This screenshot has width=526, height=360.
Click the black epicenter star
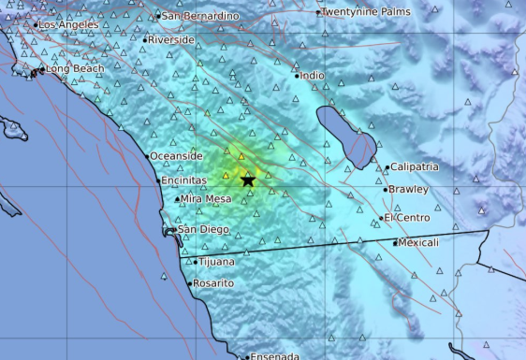coord(247,180)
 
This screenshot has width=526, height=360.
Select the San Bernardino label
coord(199,16)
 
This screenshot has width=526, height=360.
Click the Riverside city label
coord(172,40)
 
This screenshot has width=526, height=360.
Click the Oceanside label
coord(176,155)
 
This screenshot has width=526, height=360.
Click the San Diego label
coord(204,229)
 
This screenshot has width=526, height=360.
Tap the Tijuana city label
coord(215,262)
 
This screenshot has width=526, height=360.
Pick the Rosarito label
coord(214,283)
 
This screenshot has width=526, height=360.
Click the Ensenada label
coord(276,356)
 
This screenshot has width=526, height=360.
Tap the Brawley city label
coord(409,189)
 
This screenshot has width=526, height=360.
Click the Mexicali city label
coord(417,242)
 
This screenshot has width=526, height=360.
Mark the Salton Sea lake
coord(345,136)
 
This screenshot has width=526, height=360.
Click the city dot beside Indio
coord(298,76)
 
